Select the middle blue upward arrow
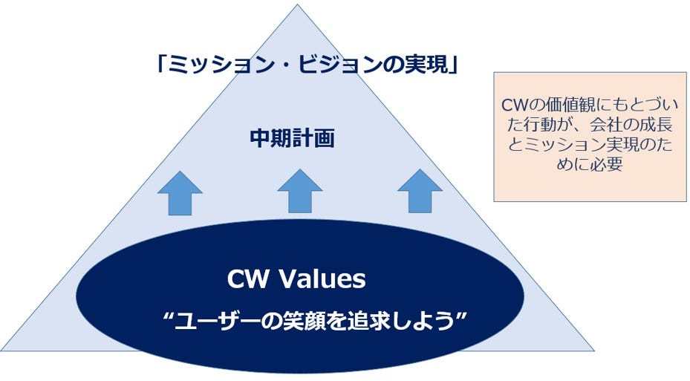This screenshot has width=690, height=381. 299,191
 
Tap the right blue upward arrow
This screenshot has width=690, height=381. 420,191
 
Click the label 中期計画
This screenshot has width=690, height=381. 292,138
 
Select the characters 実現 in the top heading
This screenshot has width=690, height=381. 430,65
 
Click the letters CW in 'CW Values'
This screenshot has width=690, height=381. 247,279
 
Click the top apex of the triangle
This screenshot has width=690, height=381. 298,4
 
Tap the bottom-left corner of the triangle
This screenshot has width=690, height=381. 1,351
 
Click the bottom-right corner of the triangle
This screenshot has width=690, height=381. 594,351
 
